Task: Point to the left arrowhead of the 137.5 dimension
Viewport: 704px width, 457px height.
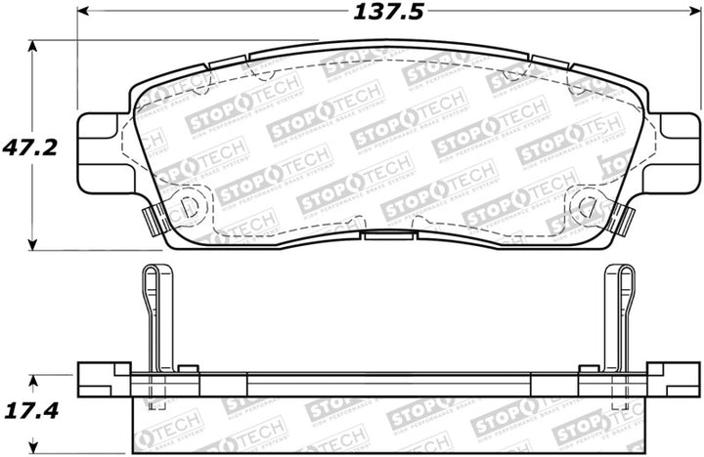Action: tap(83, 13)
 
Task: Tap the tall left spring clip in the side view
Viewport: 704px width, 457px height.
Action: tap(149, 312)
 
